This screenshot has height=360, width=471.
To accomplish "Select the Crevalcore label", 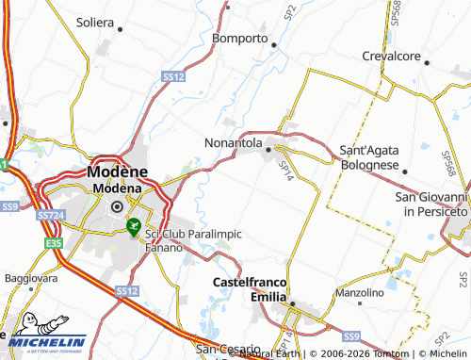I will point(391,57).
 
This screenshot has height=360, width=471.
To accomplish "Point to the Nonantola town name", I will point(233,143).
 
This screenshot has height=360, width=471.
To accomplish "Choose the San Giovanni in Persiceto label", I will point(430,204).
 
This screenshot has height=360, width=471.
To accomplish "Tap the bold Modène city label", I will point(118,172).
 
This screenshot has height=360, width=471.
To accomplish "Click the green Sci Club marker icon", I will point(135,226).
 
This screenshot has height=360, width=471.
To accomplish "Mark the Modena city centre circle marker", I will point(118,206).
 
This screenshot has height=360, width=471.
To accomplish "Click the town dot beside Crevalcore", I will point(427,63).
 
